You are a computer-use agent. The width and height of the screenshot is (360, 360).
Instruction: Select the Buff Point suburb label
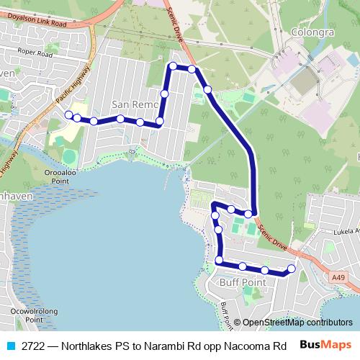tap(244, 283)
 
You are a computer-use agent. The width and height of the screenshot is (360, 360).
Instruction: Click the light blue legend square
tap(10, 346)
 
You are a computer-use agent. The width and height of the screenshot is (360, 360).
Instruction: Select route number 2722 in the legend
tap(34, 346)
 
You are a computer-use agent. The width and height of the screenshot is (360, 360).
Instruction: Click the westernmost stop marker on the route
tap(69, 114)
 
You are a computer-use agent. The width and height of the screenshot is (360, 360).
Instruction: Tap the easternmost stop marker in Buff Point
tap(292, 269)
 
